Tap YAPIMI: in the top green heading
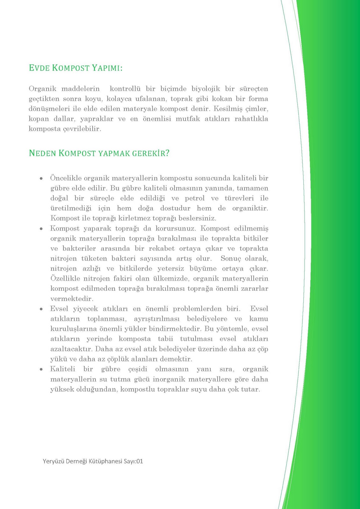point(107,68)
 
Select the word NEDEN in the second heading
point(42,153)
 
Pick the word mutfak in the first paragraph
point(188,119)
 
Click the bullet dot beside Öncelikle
point(41,178)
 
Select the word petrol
point(194,199)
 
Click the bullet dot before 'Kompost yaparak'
point(41,229)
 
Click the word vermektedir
point(72,299)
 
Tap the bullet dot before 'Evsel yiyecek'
point(41,309)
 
